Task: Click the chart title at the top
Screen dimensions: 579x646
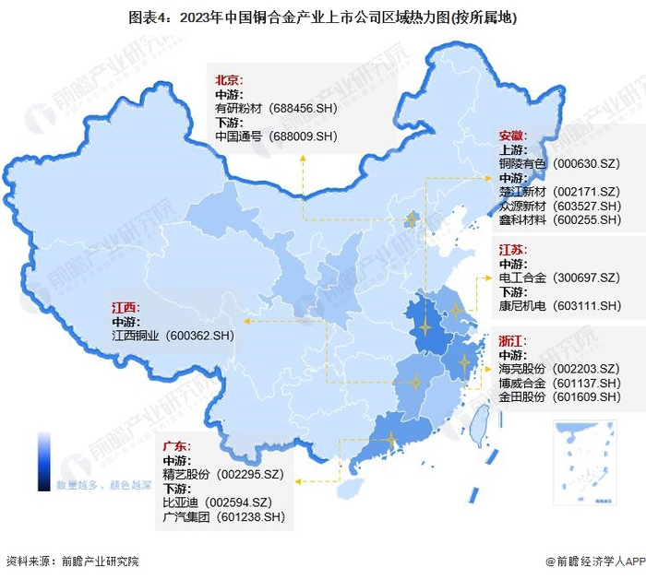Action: (322, 17)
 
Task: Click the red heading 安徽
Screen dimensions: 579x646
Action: (513, 135)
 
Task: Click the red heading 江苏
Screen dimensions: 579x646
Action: (513, 249)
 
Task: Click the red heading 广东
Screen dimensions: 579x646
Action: (177, 445)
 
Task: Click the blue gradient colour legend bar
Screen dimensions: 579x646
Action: (44, 461)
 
